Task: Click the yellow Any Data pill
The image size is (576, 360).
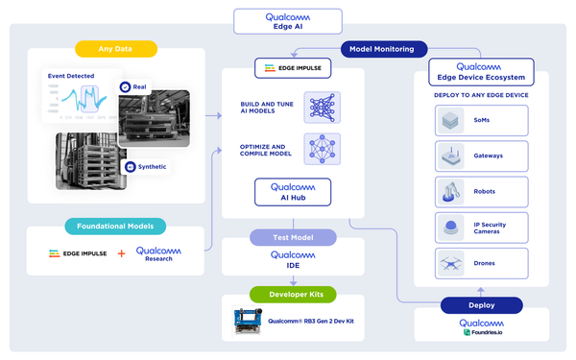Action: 115,49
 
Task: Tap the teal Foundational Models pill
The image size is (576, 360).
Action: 115,227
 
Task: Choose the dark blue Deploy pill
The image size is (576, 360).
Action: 481,305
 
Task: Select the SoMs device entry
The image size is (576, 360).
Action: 481,120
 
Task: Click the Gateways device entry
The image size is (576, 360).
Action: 481,156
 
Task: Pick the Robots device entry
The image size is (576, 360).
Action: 481,191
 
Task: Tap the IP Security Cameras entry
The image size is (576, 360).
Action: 481,227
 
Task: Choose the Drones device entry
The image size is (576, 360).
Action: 481,262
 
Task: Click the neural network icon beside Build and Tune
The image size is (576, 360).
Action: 322,108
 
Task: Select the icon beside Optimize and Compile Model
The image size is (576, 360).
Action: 322,149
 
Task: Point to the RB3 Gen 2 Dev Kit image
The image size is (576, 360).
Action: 249,322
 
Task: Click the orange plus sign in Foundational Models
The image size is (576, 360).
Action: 120,254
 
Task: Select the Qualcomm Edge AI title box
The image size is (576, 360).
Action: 287,21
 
